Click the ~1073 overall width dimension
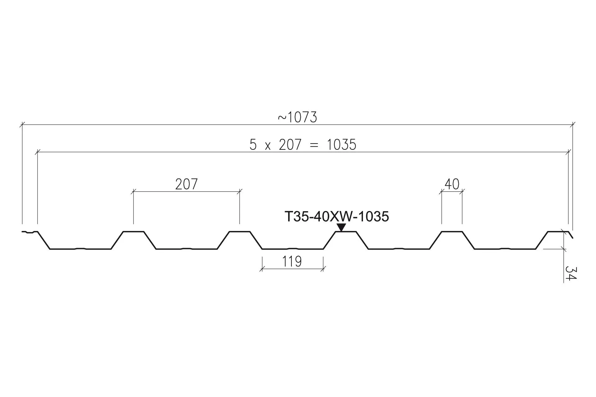297,118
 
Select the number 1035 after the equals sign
341,145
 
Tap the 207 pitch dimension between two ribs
186,184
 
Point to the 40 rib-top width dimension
452,184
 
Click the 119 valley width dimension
292,261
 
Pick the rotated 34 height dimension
570,273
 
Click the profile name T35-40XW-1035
336,216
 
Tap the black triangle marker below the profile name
341,227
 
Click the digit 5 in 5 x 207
253,145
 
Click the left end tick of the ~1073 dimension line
22,125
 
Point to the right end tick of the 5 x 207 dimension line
568,152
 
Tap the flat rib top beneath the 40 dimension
452,231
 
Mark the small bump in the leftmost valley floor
80,248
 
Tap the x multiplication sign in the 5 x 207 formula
268,146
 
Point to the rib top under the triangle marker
346,231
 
